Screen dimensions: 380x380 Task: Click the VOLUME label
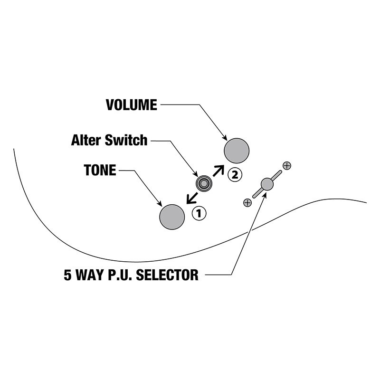pyautogui.click(x=131, y=104)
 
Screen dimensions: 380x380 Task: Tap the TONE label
pyautogui.click(x=100, y=170)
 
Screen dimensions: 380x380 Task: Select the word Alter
pyautogui.click(x=87, y=141)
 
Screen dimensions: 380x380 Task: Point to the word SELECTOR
pyautogui.click(x=167, y=275)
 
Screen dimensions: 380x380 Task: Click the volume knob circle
pyautogui.click(x=237, y=150)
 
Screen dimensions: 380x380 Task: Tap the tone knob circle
pyautogui.click(x=172, y=217)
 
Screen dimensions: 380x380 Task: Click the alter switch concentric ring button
pyautogui.click(x=204, y=183)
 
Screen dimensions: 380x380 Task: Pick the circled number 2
pyautogui.click(x=234, y=174)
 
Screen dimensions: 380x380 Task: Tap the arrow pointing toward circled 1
pyautogui.click(x=191, y=197)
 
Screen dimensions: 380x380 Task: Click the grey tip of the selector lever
pyautogui.click(x=267, y=184)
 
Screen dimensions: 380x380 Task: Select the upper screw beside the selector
pyautogui.click(x=286, y=166)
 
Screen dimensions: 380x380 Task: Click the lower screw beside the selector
pyautogui.click(x=247, y=202)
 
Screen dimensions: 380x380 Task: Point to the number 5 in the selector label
pyautogui.click(x=68, y=275)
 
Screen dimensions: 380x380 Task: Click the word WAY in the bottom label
pyautogui.click(x=91, y=275)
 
